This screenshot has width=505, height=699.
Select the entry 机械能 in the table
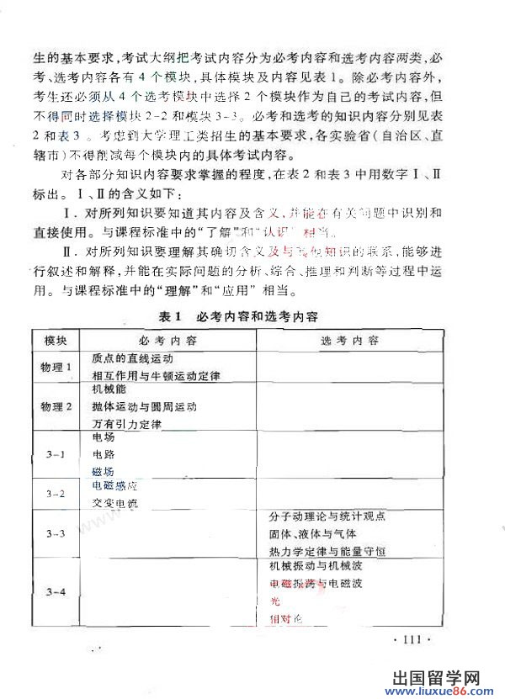point(108,390)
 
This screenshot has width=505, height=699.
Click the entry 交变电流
point(114,504)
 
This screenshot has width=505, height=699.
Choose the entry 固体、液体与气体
point(312,534)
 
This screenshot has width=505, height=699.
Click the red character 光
point(273,601)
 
